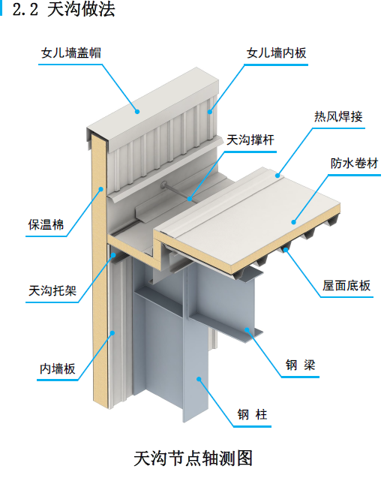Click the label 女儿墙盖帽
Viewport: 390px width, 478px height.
coord(71,53)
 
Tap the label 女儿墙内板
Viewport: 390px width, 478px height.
coord(276,53)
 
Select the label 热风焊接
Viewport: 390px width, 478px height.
coord(338,116)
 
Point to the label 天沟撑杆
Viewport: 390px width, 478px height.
coord(250,140)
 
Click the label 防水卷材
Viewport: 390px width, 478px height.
coord(354,164)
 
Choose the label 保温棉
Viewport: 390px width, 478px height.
coord(46,224)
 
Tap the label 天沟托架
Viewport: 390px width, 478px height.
coord(52,290)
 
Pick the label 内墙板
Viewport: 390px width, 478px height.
coord(57,369)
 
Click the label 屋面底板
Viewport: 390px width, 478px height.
coord(346,286)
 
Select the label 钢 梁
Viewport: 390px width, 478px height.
coord(301,365)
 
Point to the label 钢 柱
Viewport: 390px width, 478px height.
coord(253,414)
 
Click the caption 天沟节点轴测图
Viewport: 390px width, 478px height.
coord(193,458)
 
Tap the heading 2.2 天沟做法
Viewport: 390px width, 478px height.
coord(64,9)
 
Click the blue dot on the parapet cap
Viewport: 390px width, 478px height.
coord(137,112)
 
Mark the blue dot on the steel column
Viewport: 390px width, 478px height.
coord(199,379)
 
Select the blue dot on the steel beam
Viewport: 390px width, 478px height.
coord(247,329)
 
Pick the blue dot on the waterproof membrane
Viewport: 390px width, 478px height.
coord(294,222)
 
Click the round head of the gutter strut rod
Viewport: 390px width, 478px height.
coord(163,184)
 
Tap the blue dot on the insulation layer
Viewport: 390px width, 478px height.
coord(100,189)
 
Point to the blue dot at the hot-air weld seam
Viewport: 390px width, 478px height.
coord(277,176)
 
